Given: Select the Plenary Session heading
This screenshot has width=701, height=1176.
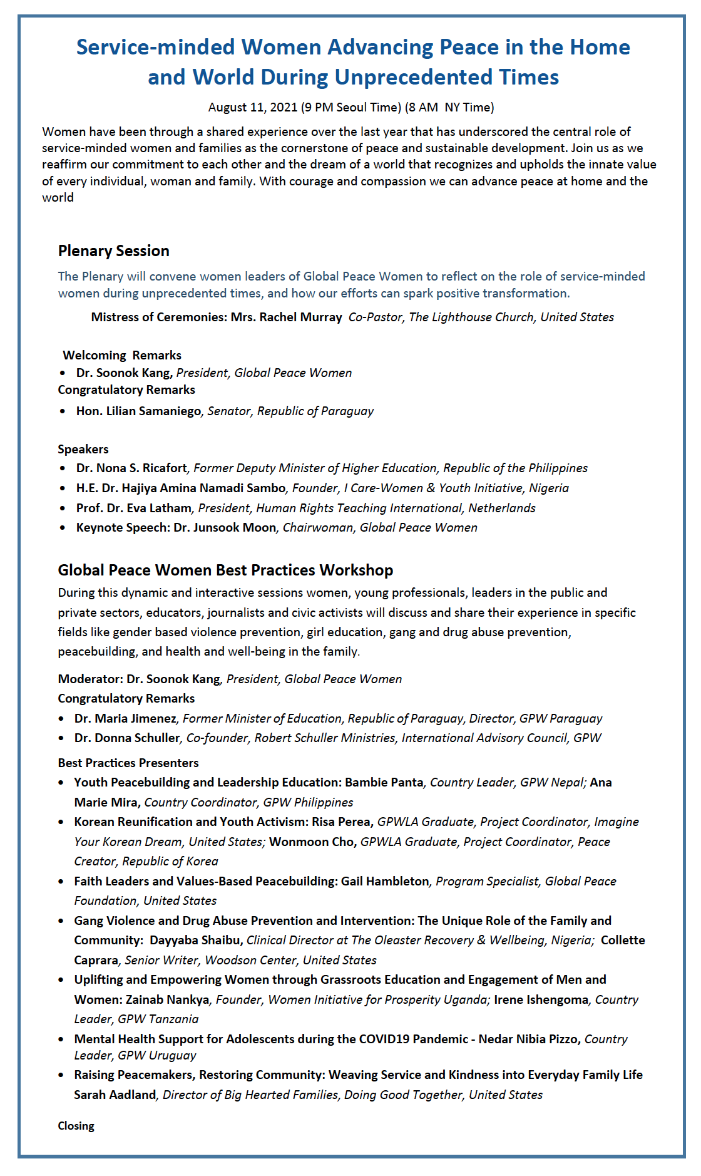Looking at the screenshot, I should (x=113, y=250).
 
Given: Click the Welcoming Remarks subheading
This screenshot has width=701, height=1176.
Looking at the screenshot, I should (x=122, y=355).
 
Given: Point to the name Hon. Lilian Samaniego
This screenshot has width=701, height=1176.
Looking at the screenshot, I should (x=138, y=411).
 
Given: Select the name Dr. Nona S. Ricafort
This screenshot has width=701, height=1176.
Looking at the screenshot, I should (x=131, y=468).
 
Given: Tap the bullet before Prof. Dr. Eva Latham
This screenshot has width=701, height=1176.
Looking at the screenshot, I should (x=63, y=508).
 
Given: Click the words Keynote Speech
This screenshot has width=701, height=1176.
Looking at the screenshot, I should (x=122, y=527).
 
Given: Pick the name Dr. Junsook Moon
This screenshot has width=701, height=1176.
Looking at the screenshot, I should (x=225, y=527).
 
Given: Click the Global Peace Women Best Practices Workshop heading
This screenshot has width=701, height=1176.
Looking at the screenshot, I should (x=225, y=570).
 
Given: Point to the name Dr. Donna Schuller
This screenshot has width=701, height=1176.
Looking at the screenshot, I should (x=127, y=738).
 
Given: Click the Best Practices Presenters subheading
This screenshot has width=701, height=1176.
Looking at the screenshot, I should (x=128, y=763).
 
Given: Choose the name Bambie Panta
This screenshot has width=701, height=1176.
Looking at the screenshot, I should (x=384, y=782).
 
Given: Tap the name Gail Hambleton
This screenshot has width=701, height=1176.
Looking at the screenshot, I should (x=385, y=881).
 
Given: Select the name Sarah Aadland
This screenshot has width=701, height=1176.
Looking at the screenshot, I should (x=115, y=1095).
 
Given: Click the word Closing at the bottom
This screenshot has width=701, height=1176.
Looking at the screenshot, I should (x=76, y=1126).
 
